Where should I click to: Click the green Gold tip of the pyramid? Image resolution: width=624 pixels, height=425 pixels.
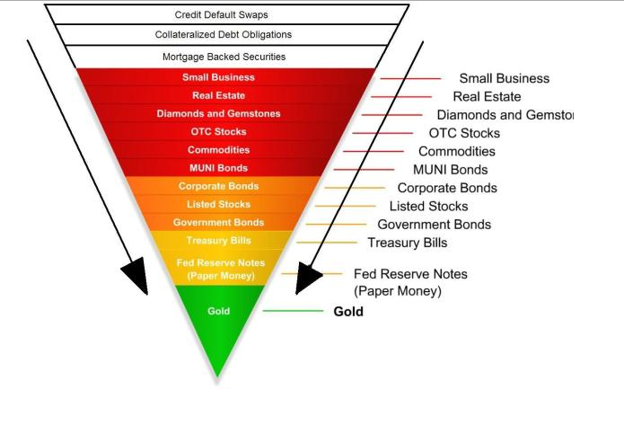[219, 328]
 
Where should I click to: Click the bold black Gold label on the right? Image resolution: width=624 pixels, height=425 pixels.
[348, 312]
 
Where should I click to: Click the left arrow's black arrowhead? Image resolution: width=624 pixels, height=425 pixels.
[135, 279]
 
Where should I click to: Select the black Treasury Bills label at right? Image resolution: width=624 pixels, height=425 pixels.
[407, 243]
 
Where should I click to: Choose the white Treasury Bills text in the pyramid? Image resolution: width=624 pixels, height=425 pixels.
[219, 241]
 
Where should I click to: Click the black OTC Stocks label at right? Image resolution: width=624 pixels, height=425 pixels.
[463, 133]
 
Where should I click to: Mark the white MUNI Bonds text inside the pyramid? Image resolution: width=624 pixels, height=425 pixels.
[218, 168]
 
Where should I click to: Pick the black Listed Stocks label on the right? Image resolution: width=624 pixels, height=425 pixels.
[428, 207]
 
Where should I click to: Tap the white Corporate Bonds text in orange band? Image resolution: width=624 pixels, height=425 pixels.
[218, 186]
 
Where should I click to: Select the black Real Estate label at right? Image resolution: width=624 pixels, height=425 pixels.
[487, 96]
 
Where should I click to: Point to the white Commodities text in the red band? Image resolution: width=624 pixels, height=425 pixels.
[219, 150]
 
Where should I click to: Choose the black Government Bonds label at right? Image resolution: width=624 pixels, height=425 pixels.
[434, 225]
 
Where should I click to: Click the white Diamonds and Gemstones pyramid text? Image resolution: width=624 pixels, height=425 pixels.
[218, 114]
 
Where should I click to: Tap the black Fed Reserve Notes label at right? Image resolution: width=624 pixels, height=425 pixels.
[410, 274]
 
